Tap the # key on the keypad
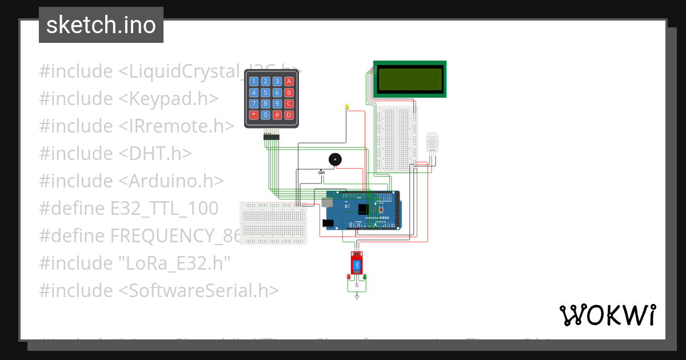tap(277, 115)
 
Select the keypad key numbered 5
tap(266, 93)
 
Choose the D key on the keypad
tap(289, 115)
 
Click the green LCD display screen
tap(409, 79)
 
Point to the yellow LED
tap(346, 107)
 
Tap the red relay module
tap(357, 264)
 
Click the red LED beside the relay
tap(349, 277)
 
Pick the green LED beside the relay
tap(365, 277)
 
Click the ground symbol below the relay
tap(357, 297)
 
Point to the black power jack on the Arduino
tap(328, 222)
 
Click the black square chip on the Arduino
tap(362, 210)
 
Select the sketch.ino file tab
tap(101, 25)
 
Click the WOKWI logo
tap(607, 315)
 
